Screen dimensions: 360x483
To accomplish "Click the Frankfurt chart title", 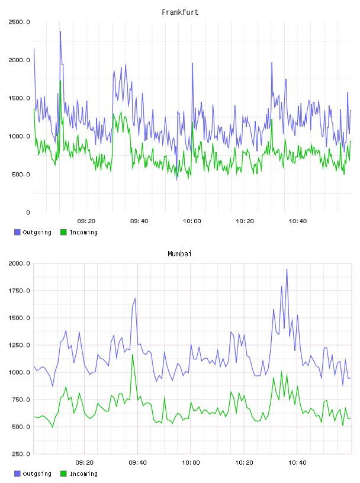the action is [180, 12].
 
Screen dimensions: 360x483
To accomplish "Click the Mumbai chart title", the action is [179, 253].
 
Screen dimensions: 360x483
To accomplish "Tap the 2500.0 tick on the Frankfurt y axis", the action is [19, 22].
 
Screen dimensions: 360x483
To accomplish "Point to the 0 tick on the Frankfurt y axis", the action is [28, 212].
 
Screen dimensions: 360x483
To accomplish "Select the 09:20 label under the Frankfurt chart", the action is [86, 221].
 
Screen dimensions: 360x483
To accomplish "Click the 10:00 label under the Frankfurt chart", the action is [192, 221].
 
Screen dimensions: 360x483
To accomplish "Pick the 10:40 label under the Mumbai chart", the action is [297, 462].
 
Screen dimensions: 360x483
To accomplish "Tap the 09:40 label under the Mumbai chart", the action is [138, 462].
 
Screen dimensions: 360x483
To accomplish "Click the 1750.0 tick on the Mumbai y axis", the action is [19, 291].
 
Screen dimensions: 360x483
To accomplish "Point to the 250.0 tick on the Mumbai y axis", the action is [21, 454].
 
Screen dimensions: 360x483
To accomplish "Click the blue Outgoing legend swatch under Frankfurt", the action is [17, 232].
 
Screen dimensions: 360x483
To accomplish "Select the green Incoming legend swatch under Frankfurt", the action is [63, 232].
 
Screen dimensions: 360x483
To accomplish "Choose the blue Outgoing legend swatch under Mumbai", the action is [17, 474].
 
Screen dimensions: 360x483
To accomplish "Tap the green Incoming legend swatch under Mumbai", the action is [63, 474].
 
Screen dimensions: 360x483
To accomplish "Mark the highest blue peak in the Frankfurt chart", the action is [60, 32].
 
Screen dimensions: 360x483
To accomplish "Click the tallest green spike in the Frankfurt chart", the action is [60, 81].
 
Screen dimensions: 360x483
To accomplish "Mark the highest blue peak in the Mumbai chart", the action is [287, 269].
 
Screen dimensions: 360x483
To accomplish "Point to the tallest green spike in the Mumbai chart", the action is [133, 355].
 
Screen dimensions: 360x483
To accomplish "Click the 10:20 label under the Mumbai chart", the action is [244, 462].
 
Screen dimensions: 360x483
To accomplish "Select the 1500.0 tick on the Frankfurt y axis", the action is [19, 98].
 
